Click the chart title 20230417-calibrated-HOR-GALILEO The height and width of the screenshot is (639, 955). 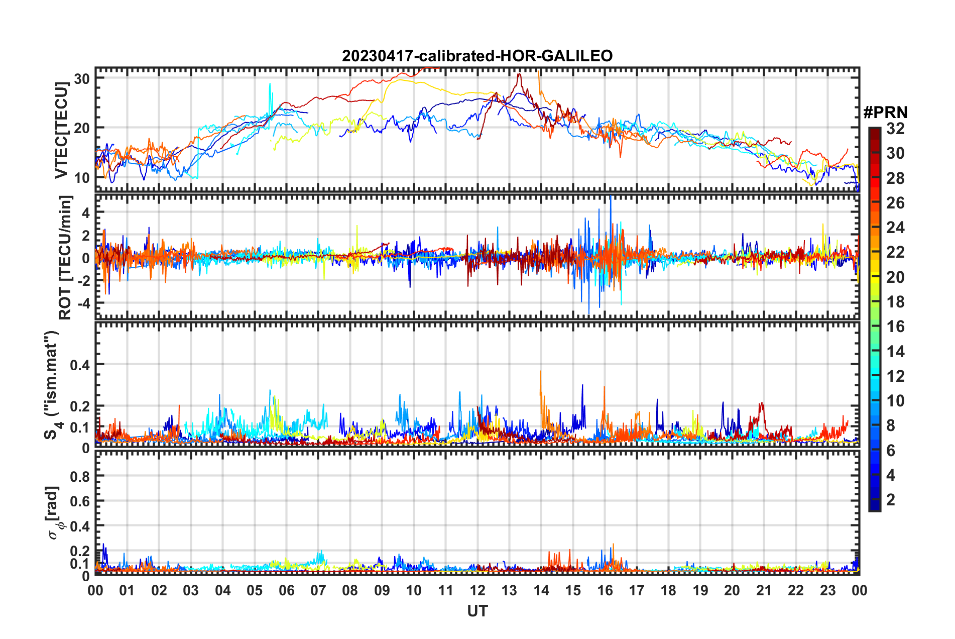click(477, 56)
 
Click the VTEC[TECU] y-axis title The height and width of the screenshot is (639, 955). click(61, 130)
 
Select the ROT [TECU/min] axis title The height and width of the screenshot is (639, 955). click(65, 258)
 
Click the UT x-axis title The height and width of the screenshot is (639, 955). click(477, 611)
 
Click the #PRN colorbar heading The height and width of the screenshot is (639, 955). click(885, 113)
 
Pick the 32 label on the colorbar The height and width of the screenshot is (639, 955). click(895, 129)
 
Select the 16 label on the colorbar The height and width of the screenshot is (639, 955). click(895, 327)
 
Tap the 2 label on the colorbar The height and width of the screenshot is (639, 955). click(891, 499)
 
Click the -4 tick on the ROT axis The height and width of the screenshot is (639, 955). click(82, 303)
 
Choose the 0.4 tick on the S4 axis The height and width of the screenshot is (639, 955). click(80, 365)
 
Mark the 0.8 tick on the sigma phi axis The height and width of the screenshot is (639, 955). click(80, 476)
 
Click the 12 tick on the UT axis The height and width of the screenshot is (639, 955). click(477, 590)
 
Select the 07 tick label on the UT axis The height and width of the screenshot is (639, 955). click(318, 590)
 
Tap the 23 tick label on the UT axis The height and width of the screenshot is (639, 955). click(827, 590)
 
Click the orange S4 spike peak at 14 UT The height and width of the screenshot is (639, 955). click(540, 371)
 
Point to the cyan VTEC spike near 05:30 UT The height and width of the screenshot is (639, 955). click(270, 84)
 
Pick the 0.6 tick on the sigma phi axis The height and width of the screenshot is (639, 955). click(80, 501)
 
